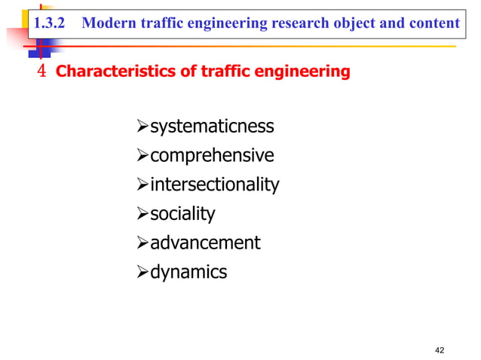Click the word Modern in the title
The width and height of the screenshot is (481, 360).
[103, 23]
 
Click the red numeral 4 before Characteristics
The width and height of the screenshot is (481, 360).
[42, 72]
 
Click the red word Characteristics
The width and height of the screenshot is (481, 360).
[112, 72]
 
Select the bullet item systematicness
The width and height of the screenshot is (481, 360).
[212, 126]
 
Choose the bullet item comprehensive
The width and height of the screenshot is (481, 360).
[212, 156]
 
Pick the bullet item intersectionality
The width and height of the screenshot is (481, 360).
[214, 185]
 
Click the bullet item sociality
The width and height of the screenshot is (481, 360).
[182, 214]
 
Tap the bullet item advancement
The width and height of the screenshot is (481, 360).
[204, 243]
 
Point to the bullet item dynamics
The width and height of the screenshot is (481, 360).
[188, 272]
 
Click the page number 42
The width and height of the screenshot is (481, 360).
[441, 349]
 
